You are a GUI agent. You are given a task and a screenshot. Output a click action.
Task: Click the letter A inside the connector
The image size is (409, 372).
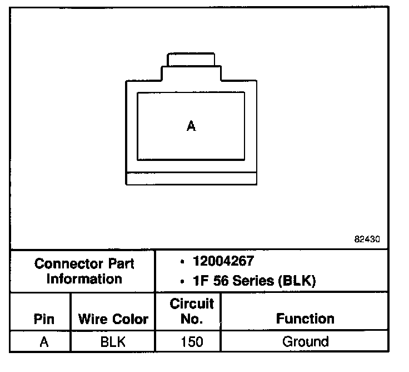click(191, 126)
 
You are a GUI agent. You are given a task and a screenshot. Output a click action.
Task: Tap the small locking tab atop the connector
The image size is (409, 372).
click(191, 59)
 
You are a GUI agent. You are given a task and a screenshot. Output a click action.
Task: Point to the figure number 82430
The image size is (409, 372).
click(367, 239)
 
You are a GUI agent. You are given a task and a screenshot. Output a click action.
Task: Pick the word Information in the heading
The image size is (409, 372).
click(84, 278)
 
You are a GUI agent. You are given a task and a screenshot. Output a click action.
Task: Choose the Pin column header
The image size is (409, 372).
click(44, 319)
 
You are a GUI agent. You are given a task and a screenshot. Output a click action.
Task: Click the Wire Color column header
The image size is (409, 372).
click(113, 319)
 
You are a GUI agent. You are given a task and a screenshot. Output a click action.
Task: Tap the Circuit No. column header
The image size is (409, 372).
click(191, 312)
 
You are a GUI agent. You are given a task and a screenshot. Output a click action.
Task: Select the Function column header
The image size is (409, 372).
click(305, 319)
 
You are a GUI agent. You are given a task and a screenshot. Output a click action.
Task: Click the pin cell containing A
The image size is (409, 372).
click(44, 341)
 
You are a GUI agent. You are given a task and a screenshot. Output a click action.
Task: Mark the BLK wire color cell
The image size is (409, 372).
click(113, 341)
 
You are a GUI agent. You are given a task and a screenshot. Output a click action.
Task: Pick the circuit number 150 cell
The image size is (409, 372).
click(191, 341)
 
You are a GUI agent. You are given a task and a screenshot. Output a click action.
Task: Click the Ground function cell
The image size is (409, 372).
click(305, 341)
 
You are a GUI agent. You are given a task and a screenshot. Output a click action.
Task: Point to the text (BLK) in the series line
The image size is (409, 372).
click(297, 282)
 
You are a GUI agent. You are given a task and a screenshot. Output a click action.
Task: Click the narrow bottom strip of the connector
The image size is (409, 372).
click(191, 178)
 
